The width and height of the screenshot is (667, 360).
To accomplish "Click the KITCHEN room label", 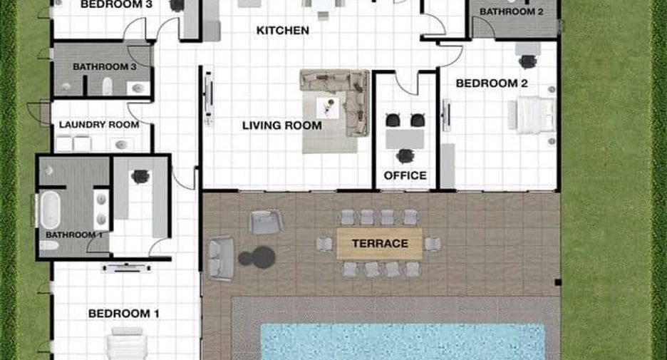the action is (282, 31).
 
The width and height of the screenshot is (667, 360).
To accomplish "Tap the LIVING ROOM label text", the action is (281, 125).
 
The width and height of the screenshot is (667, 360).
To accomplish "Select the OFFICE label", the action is (405, 175).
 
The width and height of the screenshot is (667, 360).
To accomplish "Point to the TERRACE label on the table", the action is (380, 243).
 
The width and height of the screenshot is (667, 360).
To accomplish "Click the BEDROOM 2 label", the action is (492, 83).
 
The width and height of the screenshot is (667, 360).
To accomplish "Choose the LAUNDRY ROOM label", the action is (99, 125).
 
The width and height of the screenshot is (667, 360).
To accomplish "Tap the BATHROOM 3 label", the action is (105, 67).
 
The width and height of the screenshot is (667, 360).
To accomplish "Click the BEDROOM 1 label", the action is (124, 314).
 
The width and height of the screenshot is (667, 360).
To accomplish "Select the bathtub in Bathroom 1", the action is (50, 210).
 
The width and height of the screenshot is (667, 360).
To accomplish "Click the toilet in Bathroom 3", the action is (107, 86).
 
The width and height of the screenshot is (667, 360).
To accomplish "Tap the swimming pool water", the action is (403, 341).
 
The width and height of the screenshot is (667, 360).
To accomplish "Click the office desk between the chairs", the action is (405, 139).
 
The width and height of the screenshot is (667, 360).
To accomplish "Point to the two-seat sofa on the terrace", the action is (221, 258).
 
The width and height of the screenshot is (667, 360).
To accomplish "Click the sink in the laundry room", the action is (122, 145).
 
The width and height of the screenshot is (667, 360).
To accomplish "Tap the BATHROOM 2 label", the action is (512, 12).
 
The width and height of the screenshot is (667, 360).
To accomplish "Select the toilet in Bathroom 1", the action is (49, 245).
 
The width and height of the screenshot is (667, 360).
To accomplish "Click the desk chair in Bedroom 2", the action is (527, 62).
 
